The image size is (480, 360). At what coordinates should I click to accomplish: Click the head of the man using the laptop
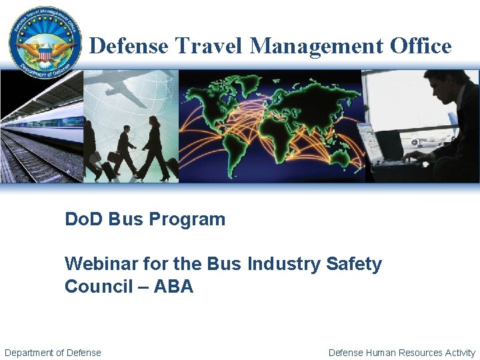445,85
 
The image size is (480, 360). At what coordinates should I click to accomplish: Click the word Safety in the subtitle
354,264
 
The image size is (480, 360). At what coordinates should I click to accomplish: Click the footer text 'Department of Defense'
53,353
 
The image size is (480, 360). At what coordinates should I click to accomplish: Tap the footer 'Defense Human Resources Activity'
402,353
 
